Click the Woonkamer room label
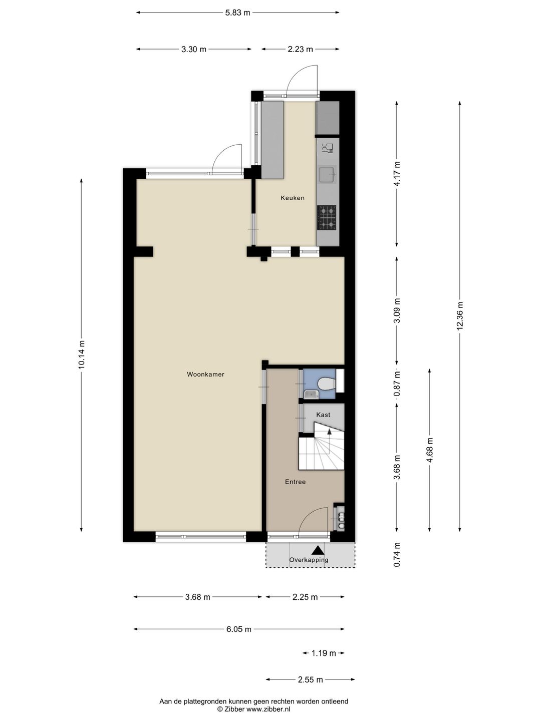coord(205,374)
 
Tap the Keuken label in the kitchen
coord(293,198)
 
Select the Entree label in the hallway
coord(295,482)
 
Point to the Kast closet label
coord(323,415)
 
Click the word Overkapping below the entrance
coord(309,560)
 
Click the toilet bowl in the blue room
coord(327,384)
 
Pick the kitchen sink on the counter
coord(328,175)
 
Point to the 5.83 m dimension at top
coord(237,13)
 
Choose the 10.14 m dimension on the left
coord(82,354)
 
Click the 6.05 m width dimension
coord(238,629)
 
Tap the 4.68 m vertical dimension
coord(429,451)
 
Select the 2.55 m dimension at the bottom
coord(310,679)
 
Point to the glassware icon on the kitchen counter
coord(327,147)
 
